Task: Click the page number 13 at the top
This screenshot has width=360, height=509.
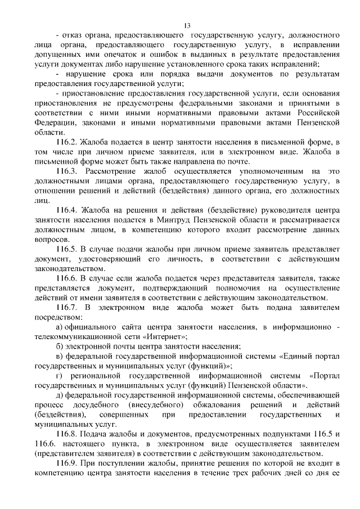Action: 187,25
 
